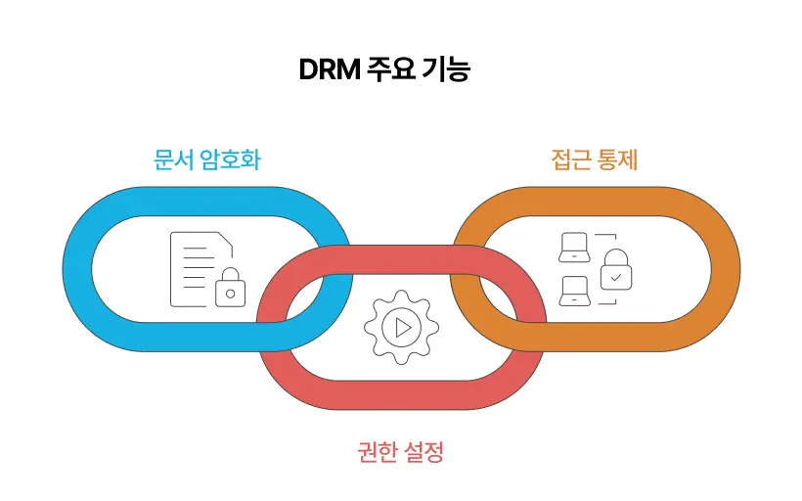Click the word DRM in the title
(328, 71)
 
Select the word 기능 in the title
(446, 71)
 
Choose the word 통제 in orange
(618, 159)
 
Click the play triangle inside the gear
(402, 327)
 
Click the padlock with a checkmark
(615, 270)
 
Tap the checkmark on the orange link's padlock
(615, 277)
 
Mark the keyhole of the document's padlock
(230, 292)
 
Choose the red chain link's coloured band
(401, 395)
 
